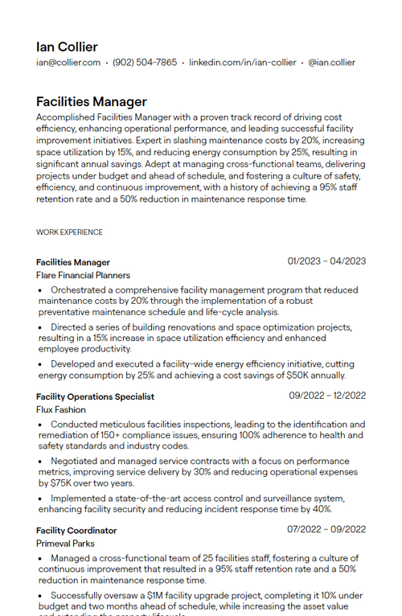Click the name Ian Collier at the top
[x=67, y=47]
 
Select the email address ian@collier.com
[x=68, y=63]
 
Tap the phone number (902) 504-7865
[x=145, y=63]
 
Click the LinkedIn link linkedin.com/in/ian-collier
[x=243, y=63]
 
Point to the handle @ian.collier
[x=332, y=63]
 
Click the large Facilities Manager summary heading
[x=92, y=102]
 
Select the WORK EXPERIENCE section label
[x=69, y=232]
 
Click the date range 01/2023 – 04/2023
[x=326, y=261]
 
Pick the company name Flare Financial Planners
[x=83, y=276]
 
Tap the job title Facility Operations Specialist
[x=95, y=396]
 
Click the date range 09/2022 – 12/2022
[x=327, y=396]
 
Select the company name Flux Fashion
[x=61, y=410]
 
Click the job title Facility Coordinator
[x=76, y=531]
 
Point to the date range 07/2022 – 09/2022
[x=326, y=530]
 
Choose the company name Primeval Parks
[x=64, y=544]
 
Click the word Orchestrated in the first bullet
[x=80, y=290]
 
